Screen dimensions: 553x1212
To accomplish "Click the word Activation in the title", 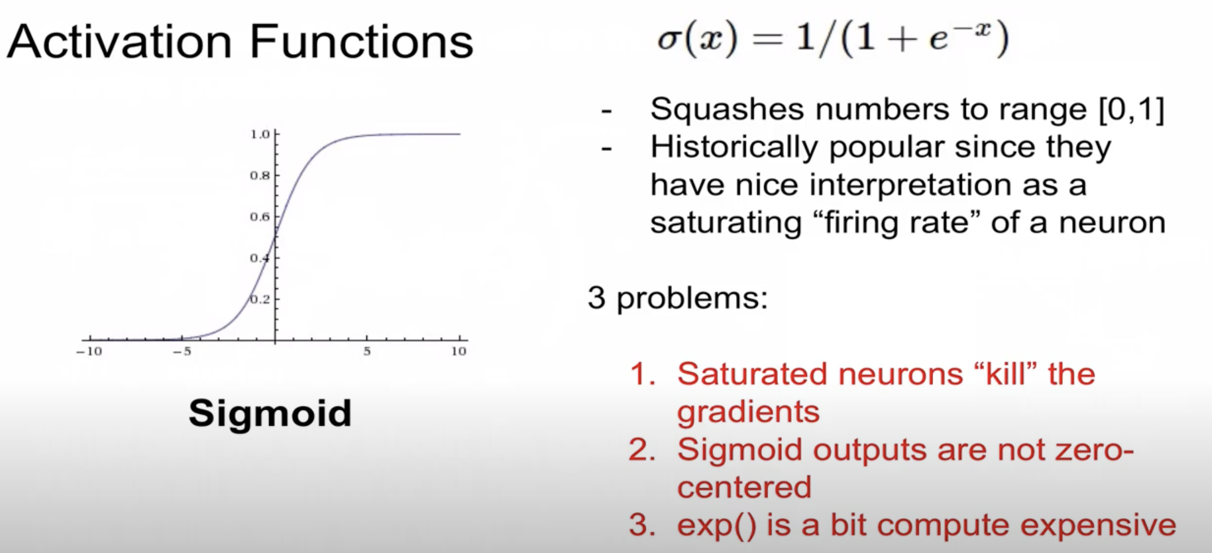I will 119,43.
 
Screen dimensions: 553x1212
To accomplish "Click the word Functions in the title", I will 361,43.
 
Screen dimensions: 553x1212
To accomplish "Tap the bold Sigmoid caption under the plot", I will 270,413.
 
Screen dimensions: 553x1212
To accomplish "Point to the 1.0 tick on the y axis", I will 260,134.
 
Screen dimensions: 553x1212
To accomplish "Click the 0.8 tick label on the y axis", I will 260,176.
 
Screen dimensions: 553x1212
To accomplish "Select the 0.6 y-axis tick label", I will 260,217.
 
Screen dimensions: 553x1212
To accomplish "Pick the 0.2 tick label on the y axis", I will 260,299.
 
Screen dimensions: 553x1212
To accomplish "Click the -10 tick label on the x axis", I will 89,351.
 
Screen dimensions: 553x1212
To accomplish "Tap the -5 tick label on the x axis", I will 182,351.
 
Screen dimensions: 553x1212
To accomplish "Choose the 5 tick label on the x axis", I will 367,351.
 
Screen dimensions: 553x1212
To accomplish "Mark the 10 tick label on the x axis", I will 459,351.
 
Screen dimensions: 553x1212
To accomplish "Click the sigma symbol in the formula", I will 668,39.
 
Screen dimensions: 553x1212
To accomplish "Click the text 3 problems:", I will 678,298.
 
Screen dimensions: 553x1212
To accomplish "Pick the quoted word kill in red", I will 1005,374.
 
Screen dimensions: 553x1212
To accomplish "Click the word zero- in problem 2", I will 1094,450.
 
